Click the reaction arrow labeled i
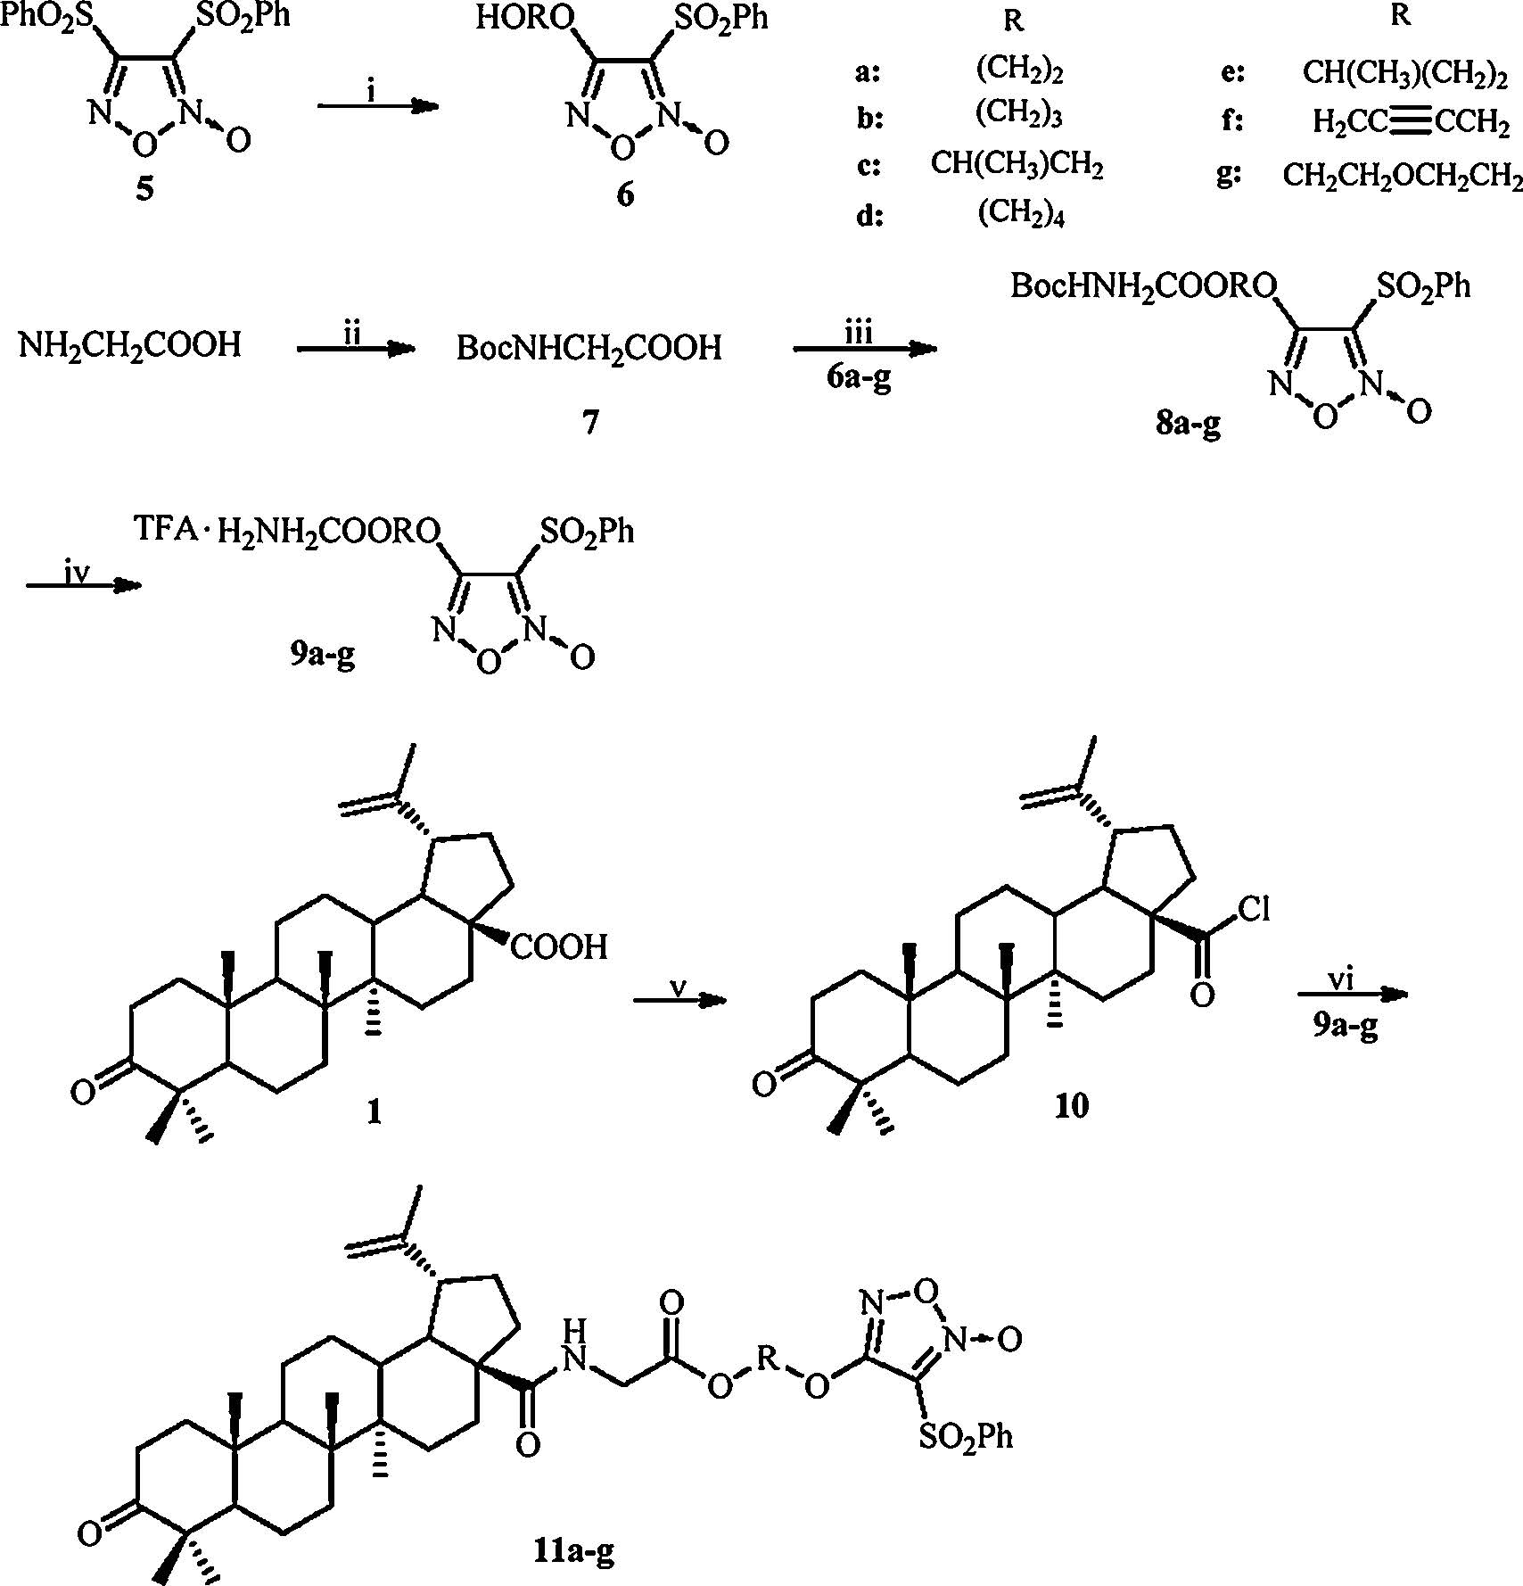pos(379,107)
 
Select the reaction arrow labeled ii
pos(357,351)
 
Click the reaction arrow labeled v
pos(679,1002)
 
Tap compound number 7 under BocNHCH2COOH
pos(589,421)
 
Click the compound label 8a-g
pos(1188,424)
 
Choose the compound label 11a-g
pos(569,1553)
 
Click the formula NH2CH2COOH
pos(130,344)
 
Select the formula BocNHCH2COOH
pos(589,348)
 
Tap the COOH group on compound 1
pos(560,946)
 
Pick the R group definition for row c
pos(1017,165)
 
